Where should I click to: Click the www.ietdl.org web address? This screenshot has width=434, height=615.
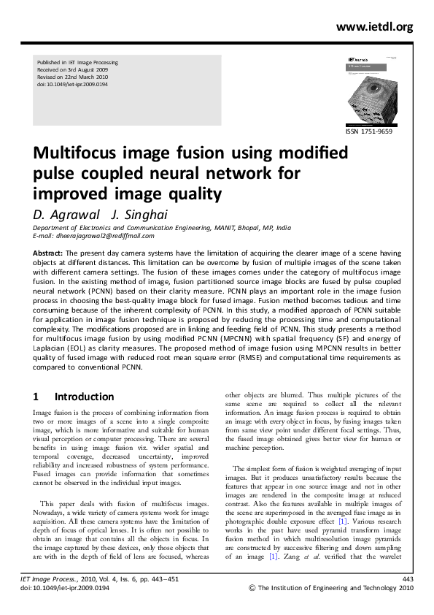tap(375, 27)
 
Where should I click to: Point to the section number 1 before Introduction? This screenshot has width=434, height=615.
tap(36, 397)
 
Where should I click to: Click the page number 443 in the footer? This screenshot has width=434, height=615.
tap(408, 579)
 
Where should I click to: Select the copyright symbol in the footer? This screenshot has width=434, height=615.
tap(252, 587)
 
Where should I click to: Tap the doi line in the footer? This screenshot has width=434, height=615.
tap(70, 587)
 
